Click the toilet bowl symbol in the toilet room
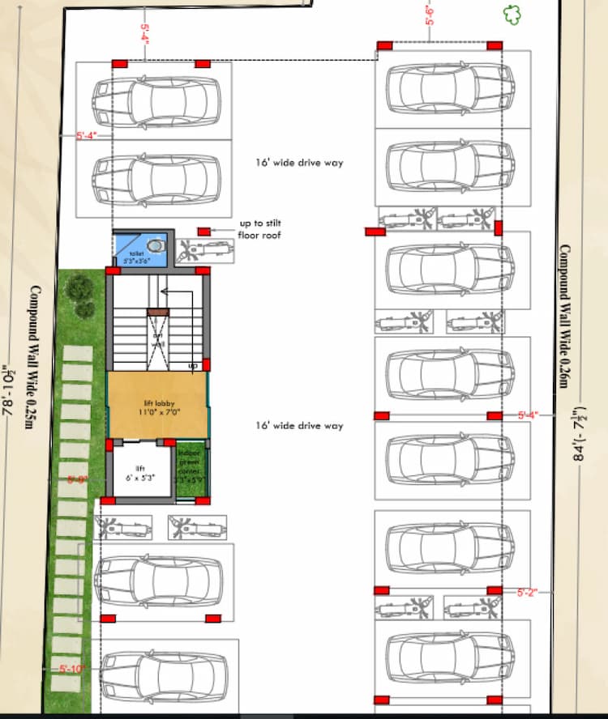156,244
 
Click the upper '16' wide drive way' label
299,163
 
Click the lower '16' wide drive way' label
299,426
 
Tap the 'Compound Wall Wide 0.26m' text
564,316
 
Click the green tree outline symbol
512,14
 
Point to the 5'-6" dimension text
430,15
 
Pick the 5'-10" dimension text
71,669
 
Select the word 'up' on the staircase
192,366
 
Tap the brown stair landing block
157,312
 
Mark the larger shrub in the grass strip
79,287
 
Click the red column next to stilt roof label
204,232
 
